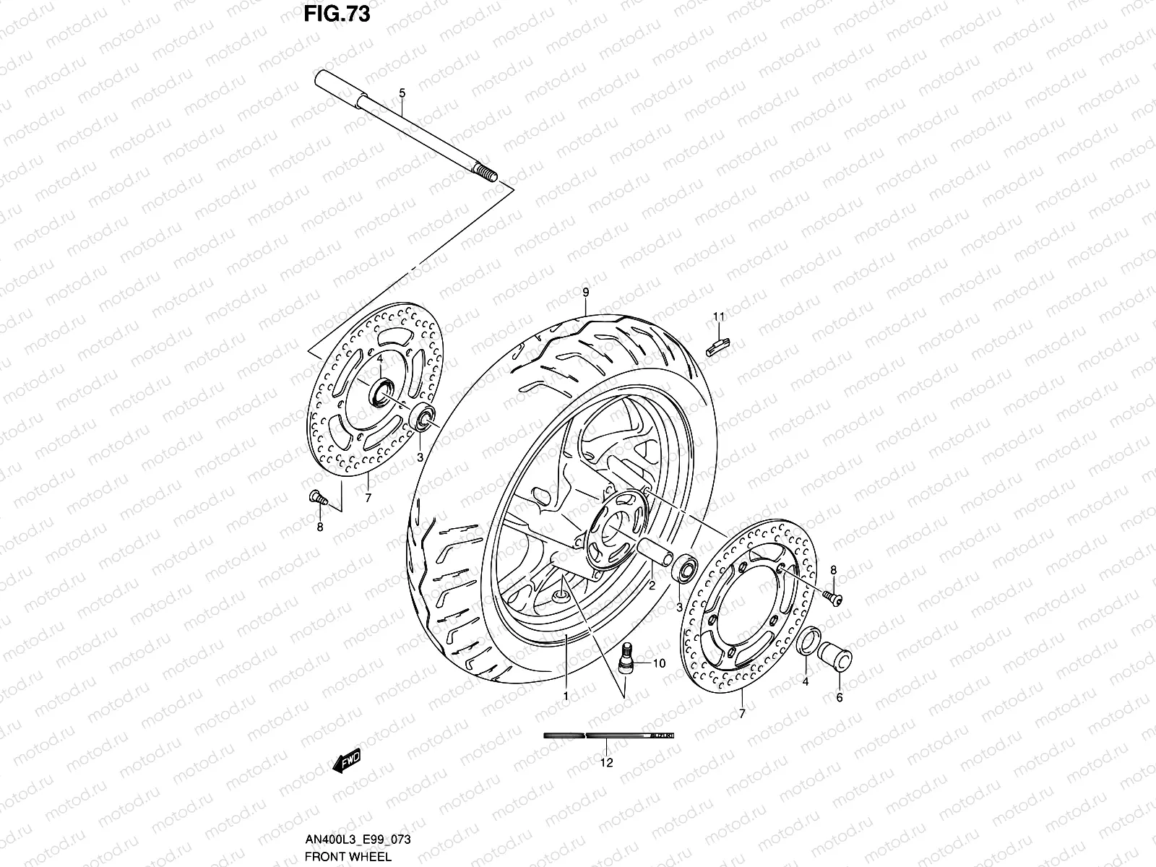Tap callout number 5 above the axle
402,92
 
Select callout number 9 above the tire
585,292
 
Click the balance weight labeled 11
718,343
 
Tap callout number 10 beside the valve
659,663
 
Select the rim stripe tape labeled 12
608,736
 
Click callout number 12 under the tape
606,762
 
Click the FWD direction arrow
348,762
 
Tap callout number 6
839,698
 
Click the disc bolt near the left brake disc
318,497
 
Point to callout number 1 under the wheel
566,696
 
